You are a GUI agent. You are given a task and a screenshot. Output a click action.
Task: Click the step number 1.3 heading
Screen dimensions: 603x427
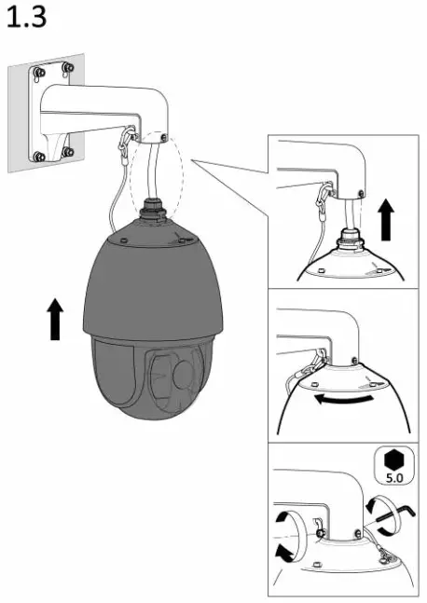click(26, 21)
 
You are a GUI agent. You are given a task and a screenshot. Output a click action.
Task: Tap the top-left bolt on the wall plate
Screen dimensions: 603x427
click(38, 71)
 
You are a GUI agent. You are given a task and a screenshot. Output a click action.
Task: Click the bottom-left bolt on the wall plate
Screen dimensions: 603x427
click(38, 156)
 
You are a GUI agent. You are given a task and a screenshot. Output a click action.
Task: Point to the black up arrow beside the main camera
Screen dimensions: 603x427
click(57, 319)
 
